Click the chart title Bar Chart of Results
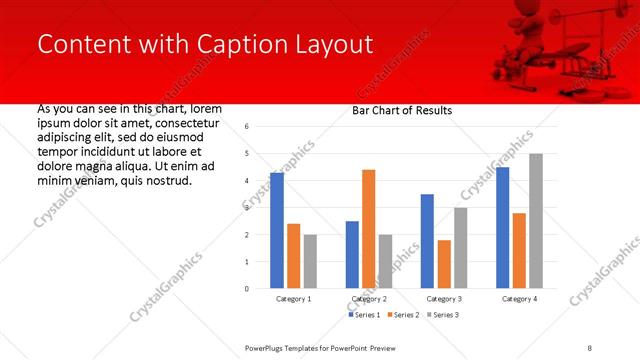click(x=402, y=110)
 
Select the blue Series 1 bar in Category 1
click(x=277, y=230)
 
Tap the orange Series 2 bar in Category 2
click(x=368, y=229)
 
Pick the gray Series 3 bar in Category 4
click(x=536, y=221)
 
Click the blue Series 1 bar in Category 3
click(x=427, y=241)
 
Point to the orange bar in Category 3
click(x=444, y=264)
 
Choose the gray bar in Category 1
click(x=311, y=261)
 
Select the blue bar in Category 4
click(x=502, y=228)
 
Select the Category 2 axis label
click(x=368, y=299)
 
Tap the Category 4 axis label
click(x=518, y=299)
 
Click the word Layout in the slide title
click(x=337, y=45)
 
